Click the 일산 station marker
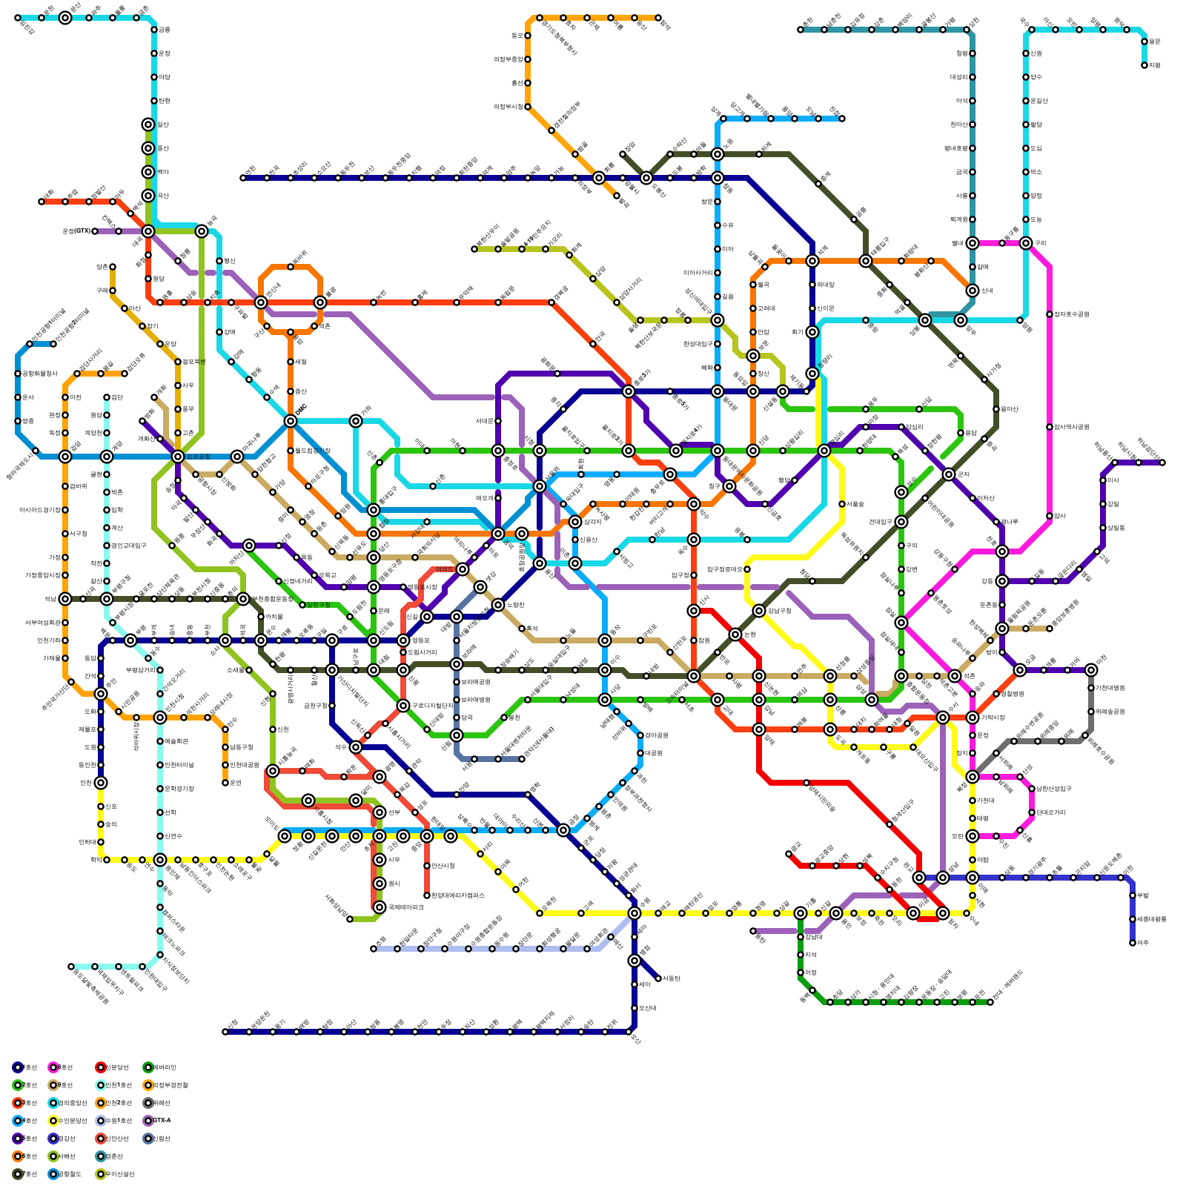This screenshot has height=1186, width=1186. [x=148, y=125]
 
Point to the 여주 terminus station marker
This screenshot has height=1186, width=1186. [x=1133, y=943]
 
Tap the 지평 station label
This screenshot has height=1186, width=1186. [x=1154, y=65]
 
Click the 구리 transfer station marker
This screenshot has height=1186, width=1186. [x=1026, y=243]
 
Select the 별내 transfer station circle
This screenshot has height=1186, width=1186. [x=973, y=243]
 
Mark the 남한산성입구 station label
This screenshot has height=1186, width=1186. [x=1053, y=789]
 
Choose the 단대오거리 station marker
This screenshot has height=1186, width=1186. [x=1032, y=812]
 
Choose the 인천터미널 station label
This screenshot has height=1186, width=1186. [x=179, y=765]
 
